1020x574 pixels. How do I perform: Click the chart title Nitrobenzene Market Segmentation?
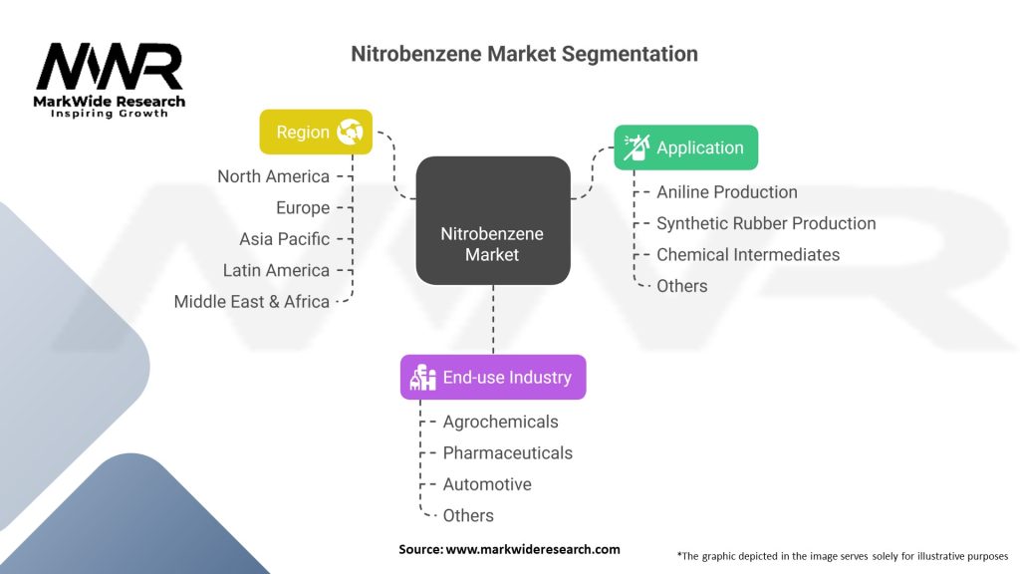[524, 54]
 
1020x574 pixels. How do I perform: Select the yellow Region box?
[316, 132]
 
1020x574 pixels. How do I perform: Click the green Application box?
[685, 147]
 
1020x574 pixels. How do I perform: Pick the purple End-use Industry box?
[493, 378]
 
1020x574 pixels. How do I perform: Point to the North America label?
[273, 176]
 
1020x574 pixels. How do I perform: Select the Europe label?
[303, 208]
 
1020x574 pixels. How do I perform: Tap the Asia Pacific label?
[284, 239]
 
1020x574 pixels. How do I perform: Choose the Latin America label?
[276, 270]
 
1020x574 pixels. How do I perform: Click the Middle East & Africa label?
[252, 301]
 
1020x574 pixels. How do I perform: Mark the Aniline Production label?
[727, 191]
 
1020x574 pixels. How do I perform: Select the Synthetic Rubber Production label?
[766, 223]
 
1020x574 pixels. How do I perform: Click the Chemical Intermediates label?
[748, 254]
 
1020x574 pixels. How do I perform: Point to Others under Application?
[682, 286]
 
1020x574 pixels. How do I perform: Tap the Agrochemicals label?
[501, 422]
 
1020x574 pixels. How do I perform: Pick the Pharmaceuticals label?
[508, 452]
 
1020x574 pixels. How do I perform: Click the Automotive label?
[487, 484]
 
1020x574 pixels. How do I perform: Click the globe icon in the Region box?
[350, 132]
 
